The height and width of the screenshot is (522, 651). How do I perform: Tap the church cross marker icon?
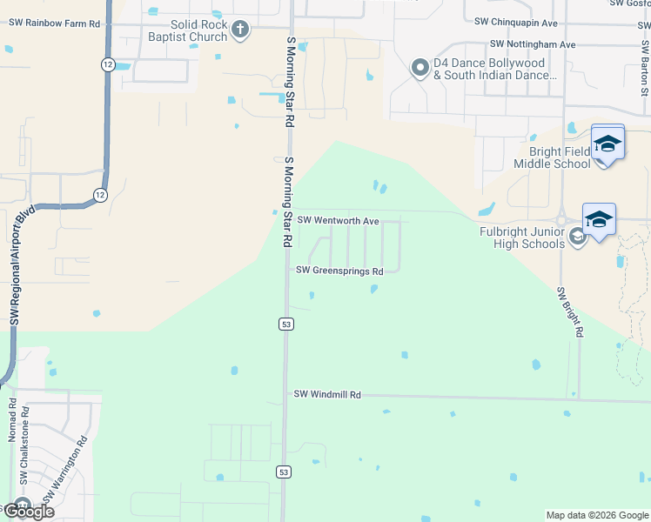coord(240,30)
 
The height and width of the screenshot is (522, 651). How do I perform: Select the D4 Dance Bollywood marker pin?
coord(420,68)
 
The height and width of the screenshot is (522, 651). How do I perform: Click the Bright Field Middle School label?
coord(552,157)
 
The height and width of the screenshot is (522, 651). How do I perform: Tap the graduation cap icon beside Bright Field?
coord(607,143)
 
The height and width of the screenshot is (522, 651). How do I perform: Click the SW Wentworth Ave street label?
coord(338,221)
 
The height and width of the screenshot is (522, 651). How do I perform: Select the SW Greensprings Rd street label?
coord(339,271)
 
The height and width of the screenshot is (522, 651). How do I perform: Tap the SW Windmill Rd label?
coord(326,394)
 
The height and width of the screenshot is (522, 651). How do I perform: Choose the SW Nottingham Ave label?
coord(533,43)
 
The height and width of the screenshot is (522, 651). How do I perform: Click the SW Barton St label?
coord(645,70)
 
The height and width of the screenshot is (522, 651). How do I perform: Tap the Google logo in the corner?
coord(28,511)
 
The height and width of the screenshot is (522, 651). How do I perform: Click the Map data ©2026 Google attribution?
coord(596,515)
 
